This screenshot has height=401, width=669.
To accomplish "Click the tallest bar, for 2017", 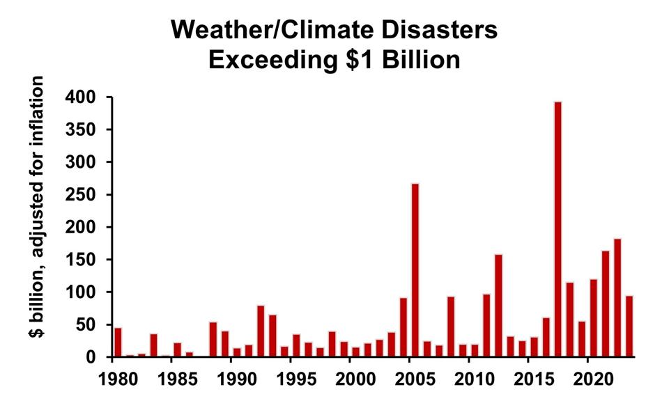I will tap(557, 230).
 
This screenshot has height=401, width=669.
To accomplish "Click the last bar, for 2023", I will tap(629, 327).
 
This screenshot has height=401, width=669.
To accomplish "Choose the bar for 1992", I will tap(261, 331).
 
